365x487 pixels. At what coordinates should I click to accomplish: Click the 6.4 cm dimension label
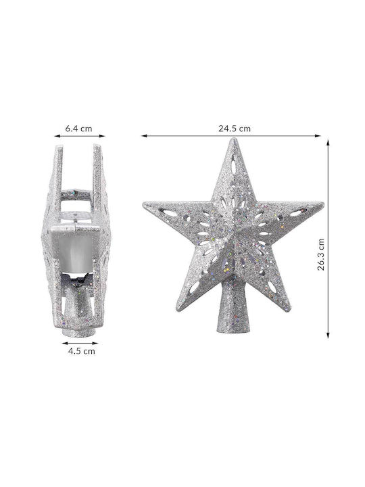pyautogui.click(x=78, y=129)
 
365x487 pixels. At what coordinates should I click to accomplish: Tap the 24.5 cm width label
pyautogui.click(x=235, y=129)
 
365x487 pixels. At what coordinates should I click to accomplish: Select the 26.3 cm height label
pyautogui.click(x=321, y=254)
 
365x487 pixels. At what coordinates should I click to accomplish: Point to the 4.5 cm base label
pyautogui.click(x=82, y=351)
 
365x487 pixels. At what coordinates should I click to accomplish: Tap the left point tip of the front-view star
pyautogui.click(x=144, y=204)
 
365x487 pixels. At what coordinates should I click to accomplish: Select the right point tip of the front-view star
pyautogui.click(x=323, y=204)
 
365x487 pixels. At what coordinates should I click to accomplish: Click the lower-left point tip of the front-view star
pyautogui.click(x=178, y=309)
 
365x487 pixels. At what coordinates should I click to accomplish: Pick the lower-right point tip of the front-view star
pyautogui.click(x=289, y=309)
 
